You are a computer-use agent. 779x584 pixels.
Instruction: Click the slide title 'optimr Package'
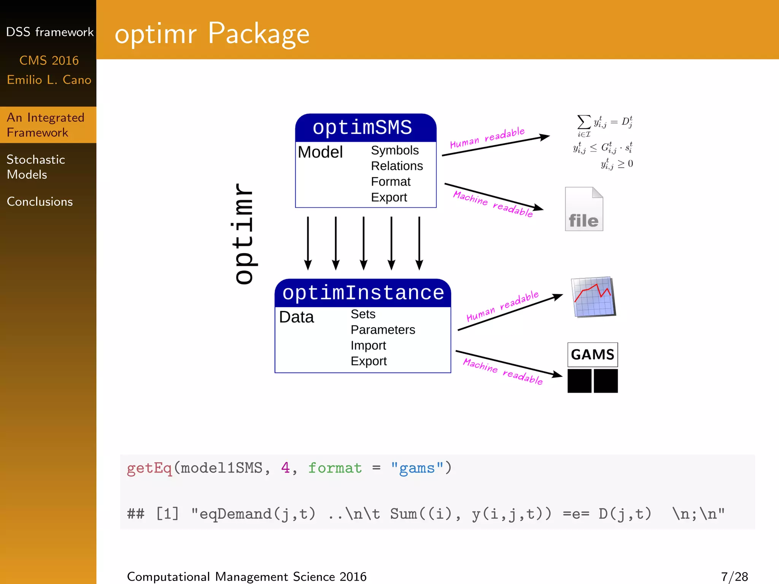(x=212, y=33)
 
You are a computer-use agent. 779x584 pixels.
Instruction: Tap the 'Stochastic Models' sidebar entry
(x=36, y=167)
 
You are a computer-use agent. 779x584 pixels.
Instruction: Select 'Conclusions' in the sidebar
(x=40, y=202)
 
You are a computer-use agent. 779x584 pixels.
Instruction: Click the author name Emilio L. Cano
(x=49, y=80)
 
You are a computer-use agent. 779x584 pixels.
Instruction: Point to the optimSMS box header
(x=362, y=127)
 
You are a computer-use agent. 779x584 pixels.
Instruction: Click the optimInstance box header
(x=363, y=293)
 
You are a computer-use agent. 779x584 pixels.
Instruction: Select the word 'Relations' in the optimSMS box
(x=397, y=166)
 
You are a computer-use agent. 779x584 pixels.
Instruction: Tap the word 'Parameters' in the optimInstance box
(x=383, y=330)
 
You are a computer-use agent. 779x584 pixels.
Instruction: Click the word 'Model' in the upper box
(x=320, y=152)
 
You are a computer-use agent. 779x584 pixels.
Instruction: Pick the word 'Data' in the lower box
(x=296, y=317)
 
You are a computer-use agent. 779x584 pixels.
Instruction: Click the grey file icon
(x=584, y=209)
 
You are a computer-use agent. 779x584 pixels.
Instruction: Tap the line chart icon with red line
(x=593, y=297)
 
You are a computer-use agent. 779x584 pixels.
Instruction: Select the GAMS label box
(x=592, y=354)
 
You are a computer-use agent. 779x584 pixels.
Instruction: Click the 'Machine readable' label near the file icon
(x=493, y=204)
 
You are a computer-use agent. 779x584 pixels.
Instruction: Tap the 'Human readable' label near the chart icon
(x=502, y=306)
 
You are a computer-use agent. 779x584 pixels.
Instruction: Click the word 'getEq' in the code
(x=149, y=468)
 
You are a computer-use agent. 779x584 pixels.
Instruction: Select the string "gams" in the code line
(x=417, y=468)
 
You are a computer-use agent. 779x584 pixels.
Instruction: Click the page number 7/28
(x=734, y=576)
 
